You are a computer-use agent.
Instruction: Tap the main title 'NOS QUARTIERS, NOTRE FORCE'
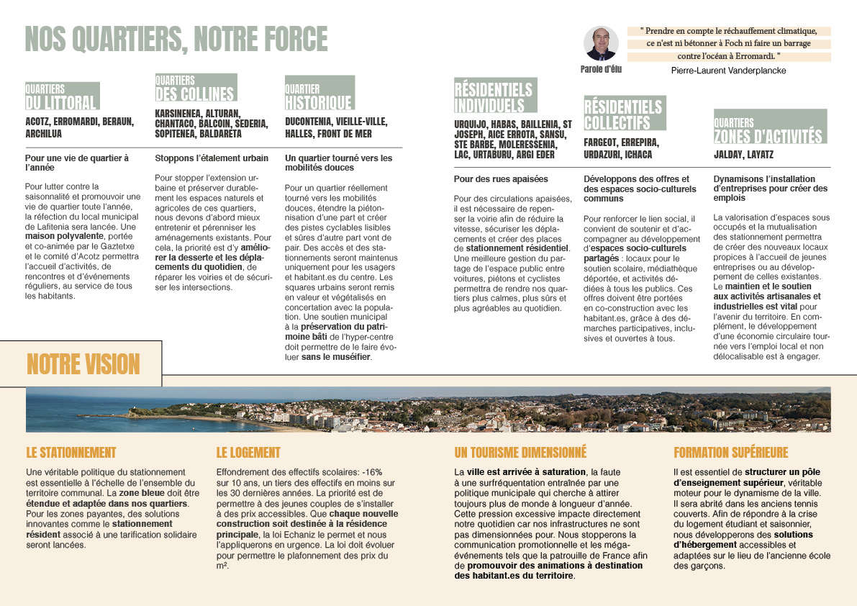[x=176, y=39]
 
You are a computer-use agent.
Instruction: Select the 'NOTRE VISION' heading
[x=83, y=364]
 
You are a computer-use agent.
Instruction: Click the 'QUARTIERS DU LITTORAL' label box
[x=62, y=96]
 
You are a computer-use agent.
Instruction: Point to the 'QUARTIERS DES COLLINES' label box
[x=196, y=87]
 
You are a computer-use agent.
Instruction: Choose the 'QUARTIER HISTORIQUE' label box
[x=319, y=94]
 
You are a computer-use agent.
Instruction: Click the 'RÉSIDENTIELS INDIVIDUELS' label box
[x=494, y=96]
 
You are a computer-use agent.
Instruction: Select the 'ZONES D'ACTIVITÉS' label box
[x=769, y=128]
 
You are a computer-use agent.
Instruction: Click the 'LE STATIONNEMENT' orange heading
[x=71, y=453]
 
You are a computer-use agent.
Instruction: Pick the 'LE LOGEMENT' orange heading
[x=248, y=453]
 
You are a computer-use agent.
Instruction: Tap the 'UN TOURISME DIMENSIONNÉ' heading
[x=520, y=453]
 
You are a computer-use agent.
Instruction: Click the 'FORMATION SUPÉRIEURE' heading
[x=730, y=453]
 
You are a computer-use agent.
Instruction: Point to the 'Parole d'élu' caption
[x=601, y=69]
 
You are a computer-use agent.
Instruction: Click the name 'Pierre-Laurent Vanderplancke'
[x=728, y=71]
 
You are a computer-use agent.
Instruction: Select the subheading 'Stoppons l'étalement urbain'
[x=212, y=158]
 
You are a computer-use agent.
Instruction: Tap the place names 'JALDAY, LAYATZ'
[x=743, y=155]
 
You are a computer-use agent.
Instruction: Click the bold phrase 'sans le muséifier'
[x=336, y=356]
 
